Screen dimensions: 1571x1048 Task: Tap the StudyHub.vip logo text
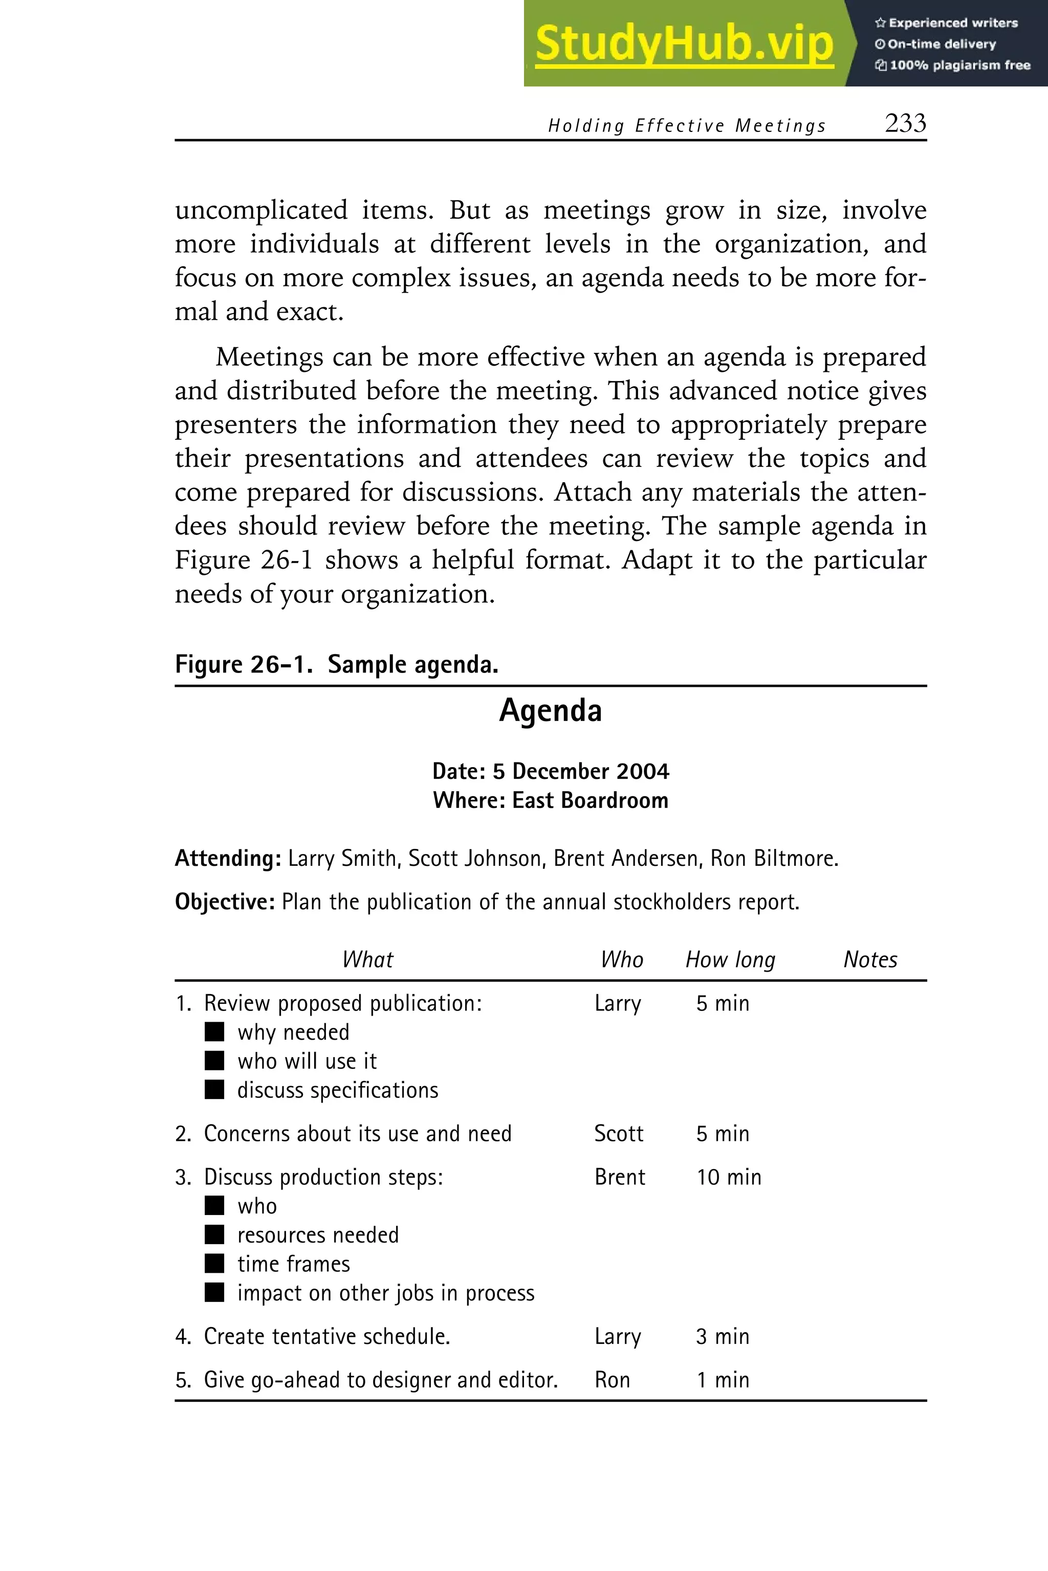click(684, 44)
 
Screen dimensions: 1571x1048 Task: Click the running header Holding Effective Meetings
click(686, 126)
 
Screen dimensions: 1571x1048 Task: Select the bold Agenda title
click(550, 710)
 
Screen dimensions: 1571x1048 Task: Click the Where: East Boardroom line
click(550, 800)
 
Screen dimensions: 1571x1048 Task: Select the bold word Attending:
click(228, 858)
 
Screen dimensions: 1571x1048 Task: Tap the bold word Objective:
click(225, 902)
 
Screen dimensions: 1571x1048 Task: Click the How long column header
click(730, 959)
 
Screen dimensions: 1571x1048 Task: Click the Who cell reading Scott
click(618, 1133)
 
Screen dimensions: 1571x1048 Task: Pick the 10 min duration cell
click(729, 1177)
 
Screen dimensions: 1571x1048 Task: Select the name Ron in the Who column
click(612, 1379)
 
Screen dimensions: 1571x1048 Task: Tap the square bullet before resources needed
click(214, 1235)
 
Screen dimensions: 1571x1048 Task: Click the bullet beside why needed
click(214, 1032)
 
